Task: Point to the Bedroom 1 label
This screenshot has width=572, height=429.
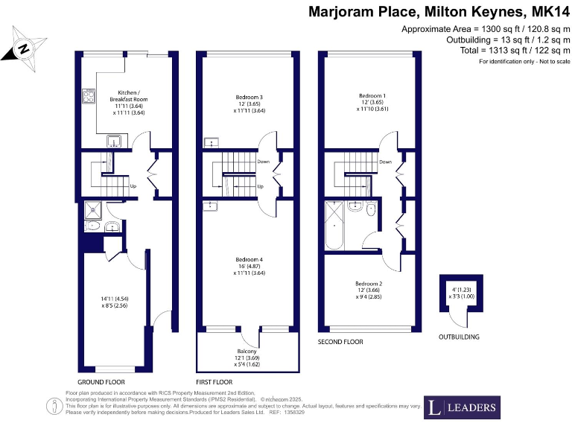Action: pyautogui.click(x=372, y=96)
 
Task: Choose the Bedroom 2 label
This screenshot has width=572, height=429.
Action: pyautogui.click(x=369, y=284)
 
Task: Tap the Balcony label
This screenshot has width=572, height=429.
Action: pyautogui.click(x=247, y=351)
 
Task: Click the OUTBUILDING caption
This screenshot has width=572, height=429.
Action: pyautogui.click(x=460, y=337)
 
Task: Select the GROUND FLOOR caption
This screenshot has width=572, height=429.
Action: pyautogui.click(x=101, y=381)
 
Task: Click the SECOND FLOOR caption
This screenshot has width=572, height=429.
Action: pyautogui.click(x=340, y=342)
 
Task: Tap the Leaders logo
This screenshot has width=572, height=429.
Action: pyautogui.click(x=462, y=407)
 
